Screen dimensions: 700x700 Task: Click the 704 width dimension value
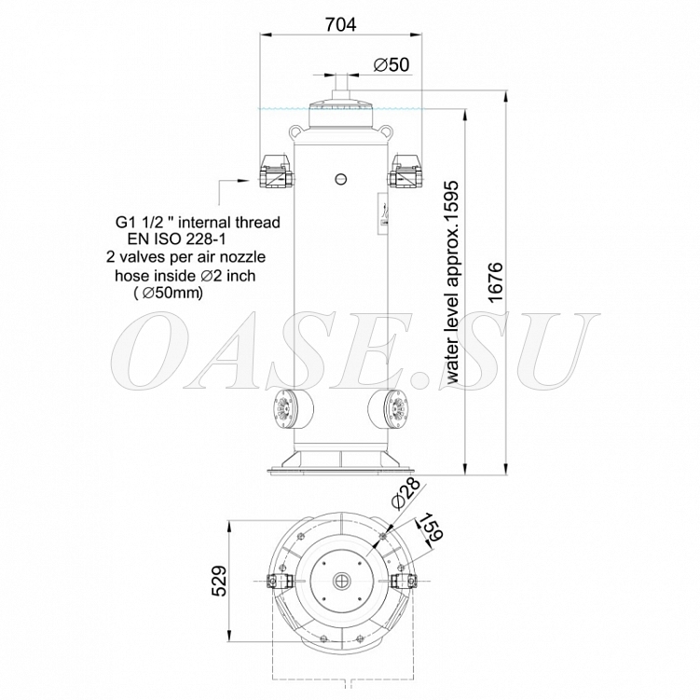340,25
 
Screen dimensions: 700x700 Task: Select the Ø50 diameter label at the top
391,64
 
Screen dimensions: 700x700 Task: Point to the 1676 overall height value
495,282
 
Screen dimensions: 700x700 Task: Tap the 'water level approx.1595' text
452,282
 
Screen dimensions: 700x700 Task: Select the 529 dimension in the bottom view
219,581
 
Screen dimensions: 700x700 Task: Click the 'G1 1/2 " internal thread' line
198,222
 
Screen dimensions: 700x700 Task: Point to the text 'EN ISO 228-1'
176,240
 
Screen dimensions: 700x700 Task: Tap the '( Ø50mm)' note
169,293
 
